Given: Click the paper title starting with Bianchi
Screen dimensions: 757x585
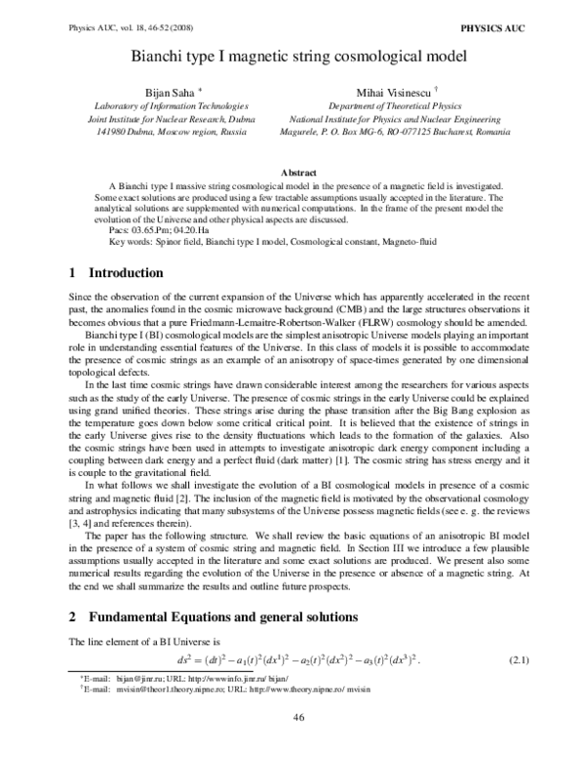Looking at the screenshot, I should (x=292, y=57).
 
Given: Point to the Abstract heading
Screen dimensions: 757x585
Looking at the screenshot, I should (x=292, y=172).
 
